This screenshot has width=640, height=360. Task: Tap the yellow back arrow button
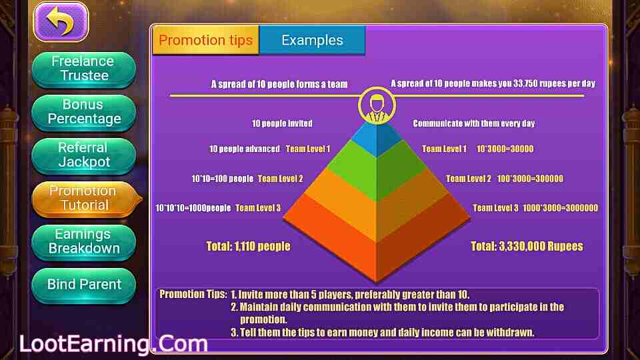pyautogui.click(x=61, y=21)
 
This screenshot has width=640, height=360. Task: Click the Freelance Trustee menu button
pyautogui.click(x=84, y=69)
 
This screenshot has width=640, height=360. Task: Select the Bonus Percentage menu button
pyautogui.click(x=84, y=112)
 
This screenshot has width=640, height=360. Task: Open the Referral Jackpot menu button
pyautogui.click(x=84, y=155)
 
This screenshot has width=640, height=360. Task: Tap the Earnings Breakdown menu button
pyautogui.click(x=84, y=242)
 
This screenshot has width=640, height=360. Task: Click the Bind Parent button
pyautogui.click(x=84, y=285)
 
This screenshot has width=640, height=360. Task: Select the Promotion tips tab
pyautogui.click(x=206, y=40)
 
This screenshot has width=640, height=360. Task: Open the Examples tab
pyautogui.click(x=312, y=40)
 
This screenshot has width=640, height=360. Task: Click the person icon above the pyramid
pyautogui.click(x=377, y=105)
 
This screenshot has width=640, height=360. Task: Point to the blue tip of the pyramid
pyautogui.click(x=377, y=139)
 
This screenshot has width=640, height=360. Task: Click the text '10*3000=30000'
pyautogui.click(x=505, y=149)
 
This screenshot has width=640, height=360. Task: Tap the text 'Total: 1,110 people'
pyautogui.click(x=249, y=246)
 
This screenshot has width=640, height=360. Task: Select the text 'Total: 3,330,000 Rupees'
pyautogui.click(x=527, y=246)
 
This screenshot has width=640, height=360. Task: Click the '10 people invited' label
pyautogui.click(x=282, y=123)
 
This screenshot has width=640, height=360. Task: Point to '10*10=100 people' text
pyautogui.click(x=223, y=179)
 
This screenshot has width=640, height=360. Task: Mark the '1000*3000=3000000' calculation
pyautogui.click(x=560, y=208)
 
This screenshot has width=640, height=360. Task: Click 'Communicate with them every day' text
pyautogui.click(x=474, y=123)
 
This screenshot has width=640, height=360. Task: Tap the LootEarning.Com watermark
pyautogui.click(x=113, y=344)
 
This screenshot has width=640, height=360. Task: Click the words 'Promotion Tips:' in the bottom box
pyautogui.click(x=193, y=294)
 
